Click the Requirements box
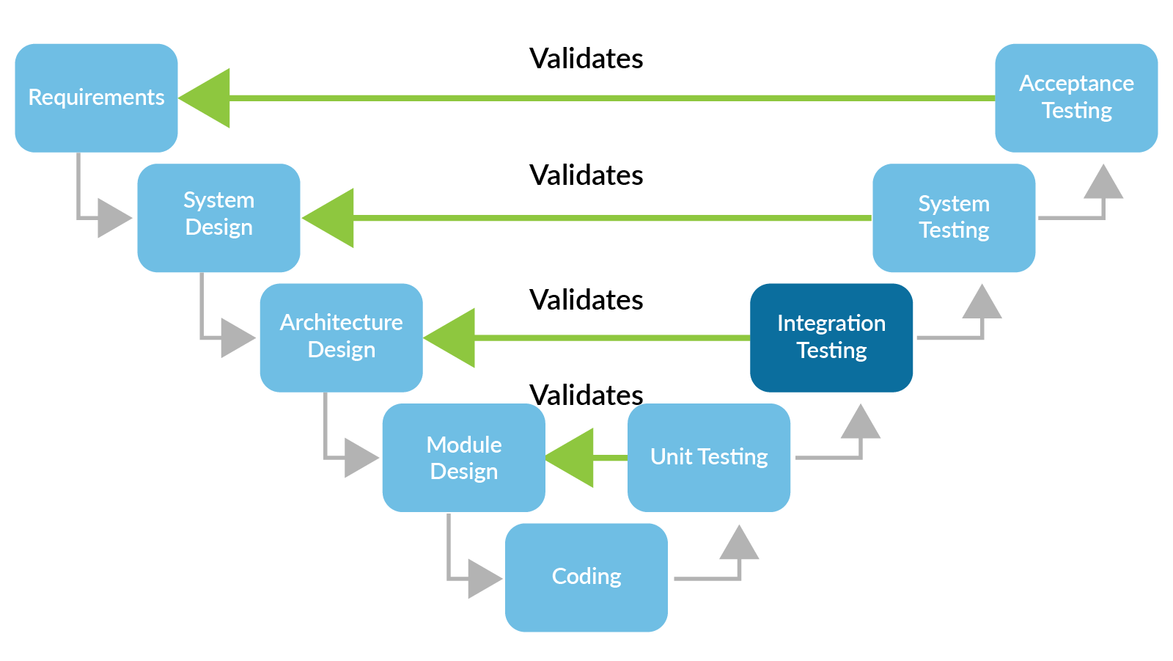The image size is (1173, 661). (x=96, y=98)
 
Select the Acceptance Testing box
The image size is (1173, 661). (x=1075, y=98)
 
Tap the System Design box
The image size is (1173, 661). (x=218, y=217)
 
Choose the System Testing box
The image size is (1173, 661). (x=953, y=217)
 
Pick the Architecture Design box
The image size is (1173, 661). (x=341, y=337)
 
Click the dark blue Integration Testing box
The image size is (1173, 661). (x=831, y=337)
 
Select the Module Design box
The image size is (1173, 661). (x=463, y=458)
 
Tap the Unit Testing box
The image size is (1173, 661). (x=708, y=458)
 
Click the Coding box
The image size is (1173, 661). (x=586, y=577)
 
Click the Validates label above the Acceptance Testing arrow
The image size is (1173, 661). (x=586, y=59)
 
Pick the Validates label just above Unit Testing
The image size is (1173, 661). (x=586, y=395)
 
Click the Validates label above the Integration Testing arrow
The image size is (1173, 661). (x=586, y=300)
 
